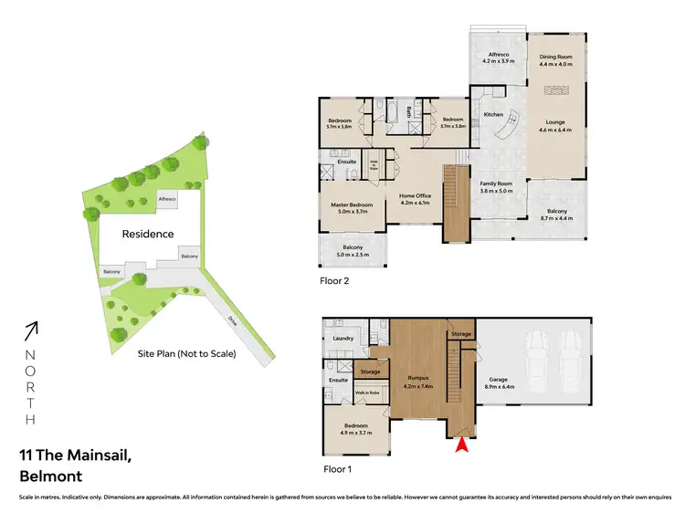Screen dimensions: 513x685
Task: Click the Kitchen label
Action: point(493,115)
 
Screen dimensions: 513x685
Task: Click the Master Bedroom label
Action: point(352,207)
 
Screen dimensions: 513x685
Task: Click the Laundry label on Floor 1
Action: point(342,339)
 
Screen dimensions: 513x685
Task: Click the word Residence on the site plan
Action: point(148,234)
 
